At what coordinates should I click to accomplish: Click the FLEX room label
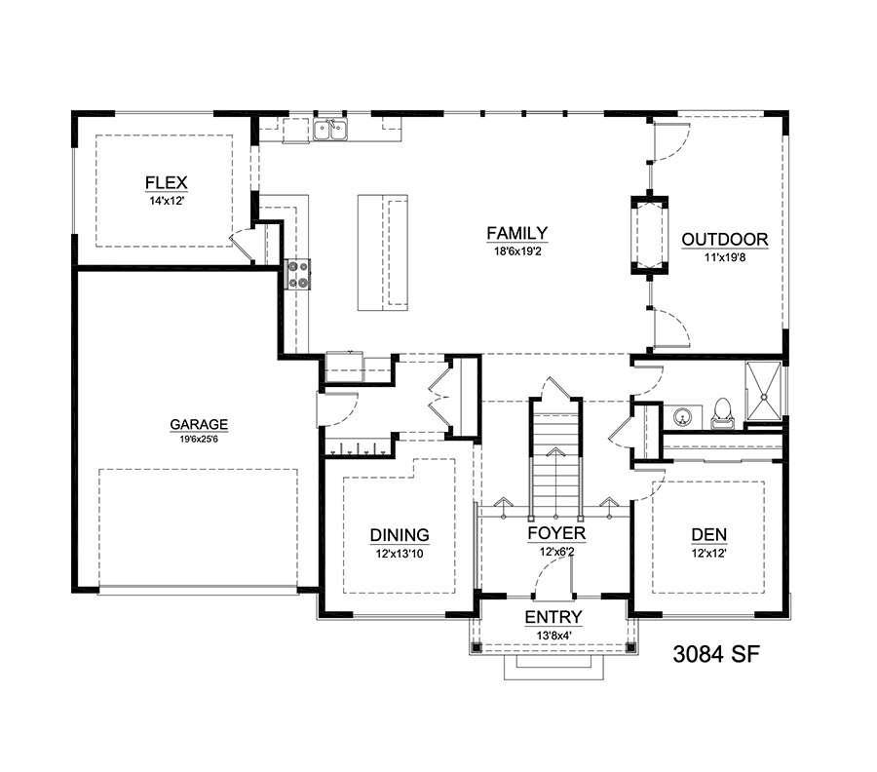tap(166, 183)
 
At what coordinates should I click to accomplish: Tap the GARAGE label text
tap(199, 424)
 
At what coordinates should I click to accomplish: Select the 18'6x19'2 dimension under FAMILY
tap(517, 251)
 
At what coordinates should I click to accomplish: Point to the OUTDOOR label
tap(724, 240)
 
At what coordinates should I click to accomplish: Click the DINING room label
tap(400, 535)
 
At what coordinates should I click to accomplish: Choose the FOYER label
tap(556, 533)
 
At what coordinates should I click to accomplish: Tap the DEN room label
tap(708, 534)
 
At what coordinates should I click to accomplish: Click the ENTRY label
tap(553, 617)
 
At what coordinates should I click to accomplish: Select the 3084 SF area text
tap(716, 654)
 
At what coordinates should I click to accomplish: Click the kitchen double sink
tap(330, 130)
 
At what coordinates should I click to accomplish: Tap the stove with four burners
tap(297, 274)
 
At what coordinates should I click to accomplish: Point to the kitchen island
tap(383, 252)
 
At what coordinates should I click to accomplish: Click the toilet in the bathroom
tap(722, 414)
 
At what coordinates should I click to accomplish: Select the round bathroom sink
tap(681, 416)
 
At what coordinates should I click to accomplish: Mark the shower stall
tap(763, 391)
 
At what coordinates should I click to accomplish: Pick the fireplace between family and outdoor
tap(649, 235)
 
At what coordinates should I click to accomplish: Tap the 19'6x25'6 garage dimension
tap(199, 440)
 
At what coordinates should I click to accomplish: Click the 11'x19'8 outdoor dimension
tap(724, 258)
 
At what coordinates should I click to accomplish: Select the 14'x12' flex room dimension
tap(167, 200)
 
